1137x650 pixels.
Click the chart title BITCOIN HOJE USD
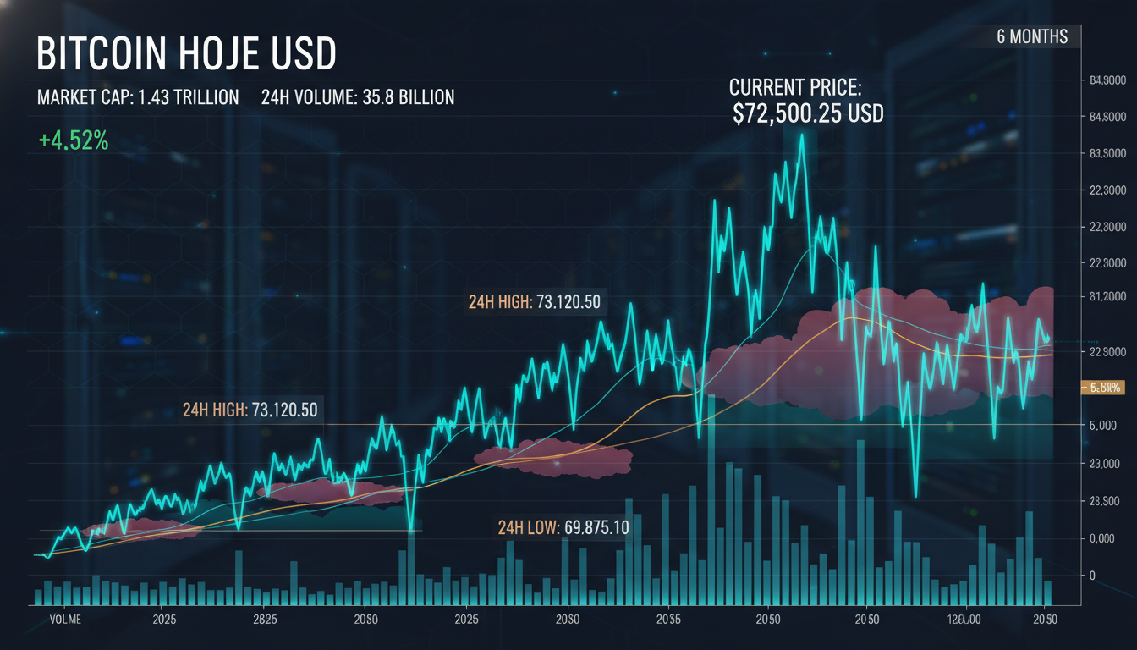[x=186, y=54]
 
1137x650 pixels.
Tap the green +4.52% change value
[x=74, y=141]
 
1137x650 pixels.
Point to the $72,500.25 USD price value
[x=808, y=114]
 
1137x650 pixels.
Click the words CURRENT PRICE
[x=794, y=86]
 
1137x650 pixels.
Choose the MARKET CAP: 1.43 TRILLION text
[x=138, y=97]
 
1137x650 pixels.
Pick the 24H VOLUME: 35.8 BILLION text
[x=358, y=97]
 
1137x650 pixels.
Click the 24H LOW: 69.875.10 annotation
[x=563, y=527]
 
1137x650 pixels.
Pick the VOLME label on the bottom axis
[x=65, y=620]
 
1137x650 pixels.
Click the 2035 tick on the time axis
[x=668, y=620]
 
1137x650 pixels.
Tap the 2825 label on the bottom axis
[x=265, y=620]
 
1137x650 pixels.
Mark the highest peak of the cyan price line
[x=801, y=135]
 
